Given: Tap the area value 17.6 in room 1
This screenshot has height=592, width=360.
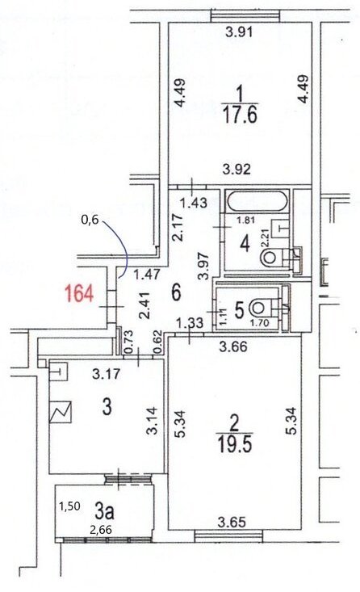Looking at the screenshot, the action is coord(241,115).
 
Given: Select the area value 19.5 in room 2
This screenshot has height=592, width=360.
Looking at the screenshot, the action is coord(235,444).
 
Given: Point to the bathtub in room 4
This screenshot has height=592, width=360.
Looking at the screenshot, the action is coord(257,202).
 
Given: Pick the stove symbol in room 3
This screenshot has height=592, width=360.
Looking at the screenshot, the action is coord(61,412).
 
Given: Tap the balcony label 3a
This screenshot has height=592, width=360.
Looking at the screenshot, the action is coord(104,512).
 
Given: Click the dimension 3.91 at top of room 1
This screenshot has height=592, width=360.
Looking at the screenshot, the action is coord(239,32).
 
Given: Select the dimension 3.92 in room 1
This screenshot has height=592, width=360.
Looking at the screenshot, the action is coord(237,169).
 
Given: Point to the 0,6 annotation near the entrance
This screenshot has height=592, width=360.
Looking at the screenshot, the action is coord(90,220).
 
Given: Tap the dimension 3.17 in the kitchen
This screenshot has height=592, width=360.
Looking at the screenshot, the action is coord(107,374).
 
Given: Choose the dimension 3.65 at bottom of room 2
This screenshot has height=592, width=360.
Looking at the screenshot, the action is coord(232,523).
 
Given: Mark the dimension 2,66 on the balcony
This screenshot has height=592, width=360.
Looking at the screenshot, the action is coord(100,530).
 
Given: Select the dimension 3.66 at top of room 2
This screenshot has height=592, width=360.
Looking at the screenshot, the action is coord(233,346).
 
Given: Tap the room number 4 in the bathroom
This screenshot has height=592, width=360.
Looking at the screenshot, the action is coord(245,244).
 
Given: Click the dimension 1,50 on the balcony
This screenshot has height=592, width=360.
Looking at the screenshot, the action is coord(69,506).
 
